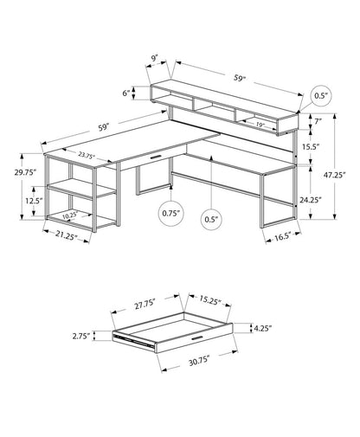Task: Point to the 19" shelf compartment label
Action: pos(260,125)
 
